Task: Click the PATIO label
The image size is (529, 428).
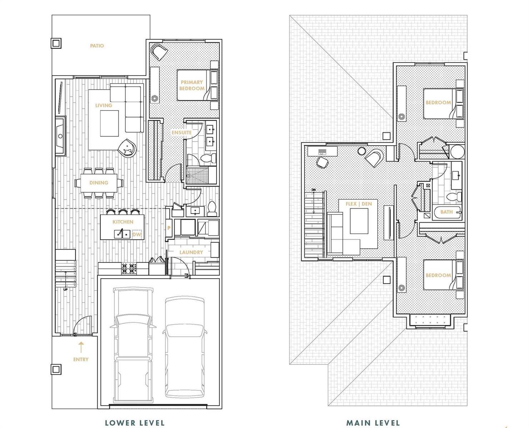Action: click(97, 46)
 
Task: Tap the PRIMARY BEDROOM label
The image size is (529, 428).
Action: click(192, 85)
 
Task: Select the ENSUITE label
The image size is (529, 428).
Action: click(182, 133)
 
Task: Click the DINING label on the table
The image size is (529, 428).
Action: click(99, 183)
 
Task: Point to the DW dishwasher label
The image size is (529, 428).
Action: click(137, 234)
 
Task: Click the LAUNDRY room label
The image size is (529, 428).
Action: click(191, 252)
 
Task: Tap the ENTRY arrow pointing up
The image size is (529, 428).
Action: click(81, 347)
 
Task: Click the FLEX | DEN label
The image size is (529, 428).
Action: click(359, 204)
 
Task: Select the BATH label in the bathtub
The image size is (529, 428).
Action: click(447, 212)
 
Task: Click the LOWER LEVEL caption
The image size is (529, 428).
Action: click(135, 416)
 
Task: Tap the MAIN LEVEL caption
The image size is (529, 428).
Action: click(373, 416)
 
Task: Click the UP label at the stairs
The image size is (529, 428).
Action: click(66, 289)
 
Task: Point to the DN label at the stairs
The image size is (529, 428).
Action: click(314, 190)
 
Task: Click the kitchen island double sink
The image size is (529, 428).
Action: click(122, 234)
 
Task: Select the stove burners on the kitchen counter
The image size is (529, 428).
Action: click(129, 269)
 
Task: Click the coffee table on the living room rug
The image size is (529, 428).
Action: click(109, 123)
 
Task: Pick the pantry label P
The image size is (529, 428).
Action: click(169, 228)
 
